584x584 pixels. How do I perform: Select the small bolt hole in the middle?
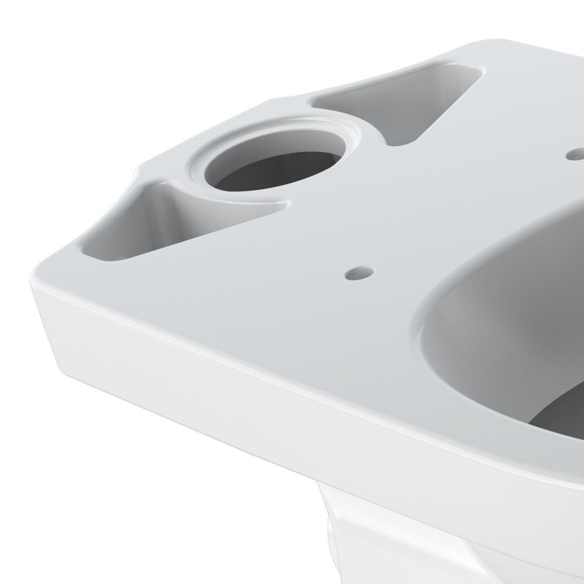(359, 272)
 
